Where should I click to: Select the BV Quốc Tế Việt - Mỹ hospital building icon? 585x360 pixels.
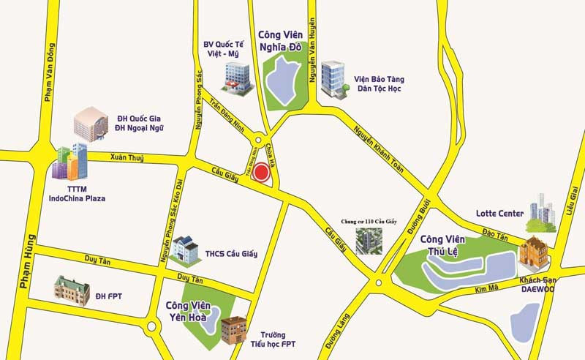tap(236, 78)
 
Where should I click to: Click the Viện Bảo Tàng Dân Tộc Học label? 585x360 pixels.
tap(380, 83)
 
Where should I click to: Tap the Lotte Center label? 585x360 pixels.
tap(499, 214)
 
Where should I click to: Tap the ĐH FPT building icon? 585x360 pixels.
tap(71, 288)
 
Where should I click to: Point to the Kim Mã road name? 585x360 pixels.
tap(486, 289)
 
